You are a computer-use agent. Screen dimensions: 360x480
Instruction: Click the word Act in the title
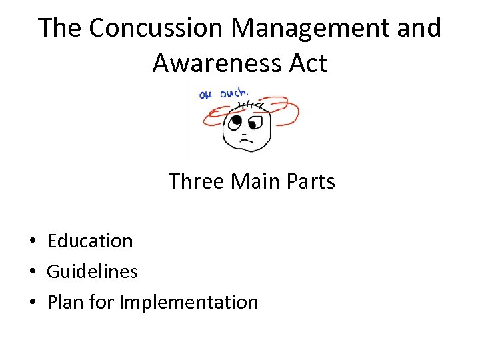tap(306, 63)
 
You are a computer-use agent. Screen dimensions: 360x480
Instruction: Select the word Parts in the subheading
tap(310, 181)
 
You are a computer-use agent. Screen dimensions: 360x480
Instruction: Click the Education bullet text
tap(90, 241)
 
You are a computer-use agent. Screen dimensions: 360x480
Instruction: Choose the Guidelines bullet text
tap(92, 271)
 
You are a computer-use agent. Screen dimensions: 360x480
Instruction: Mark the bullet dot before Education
tap(32, 241)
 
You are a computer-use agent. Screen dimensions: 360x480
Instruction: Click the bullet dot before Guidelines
tap(32, 272)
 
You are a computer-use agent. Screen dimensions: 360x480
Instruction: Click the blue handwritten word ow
tap(205, 95)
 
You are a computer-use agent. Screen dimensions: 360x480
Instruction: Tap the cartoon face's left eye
tap(235, 121)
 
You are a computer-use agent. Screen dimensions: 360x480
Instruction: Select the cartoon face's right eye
tap(253, 125)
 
